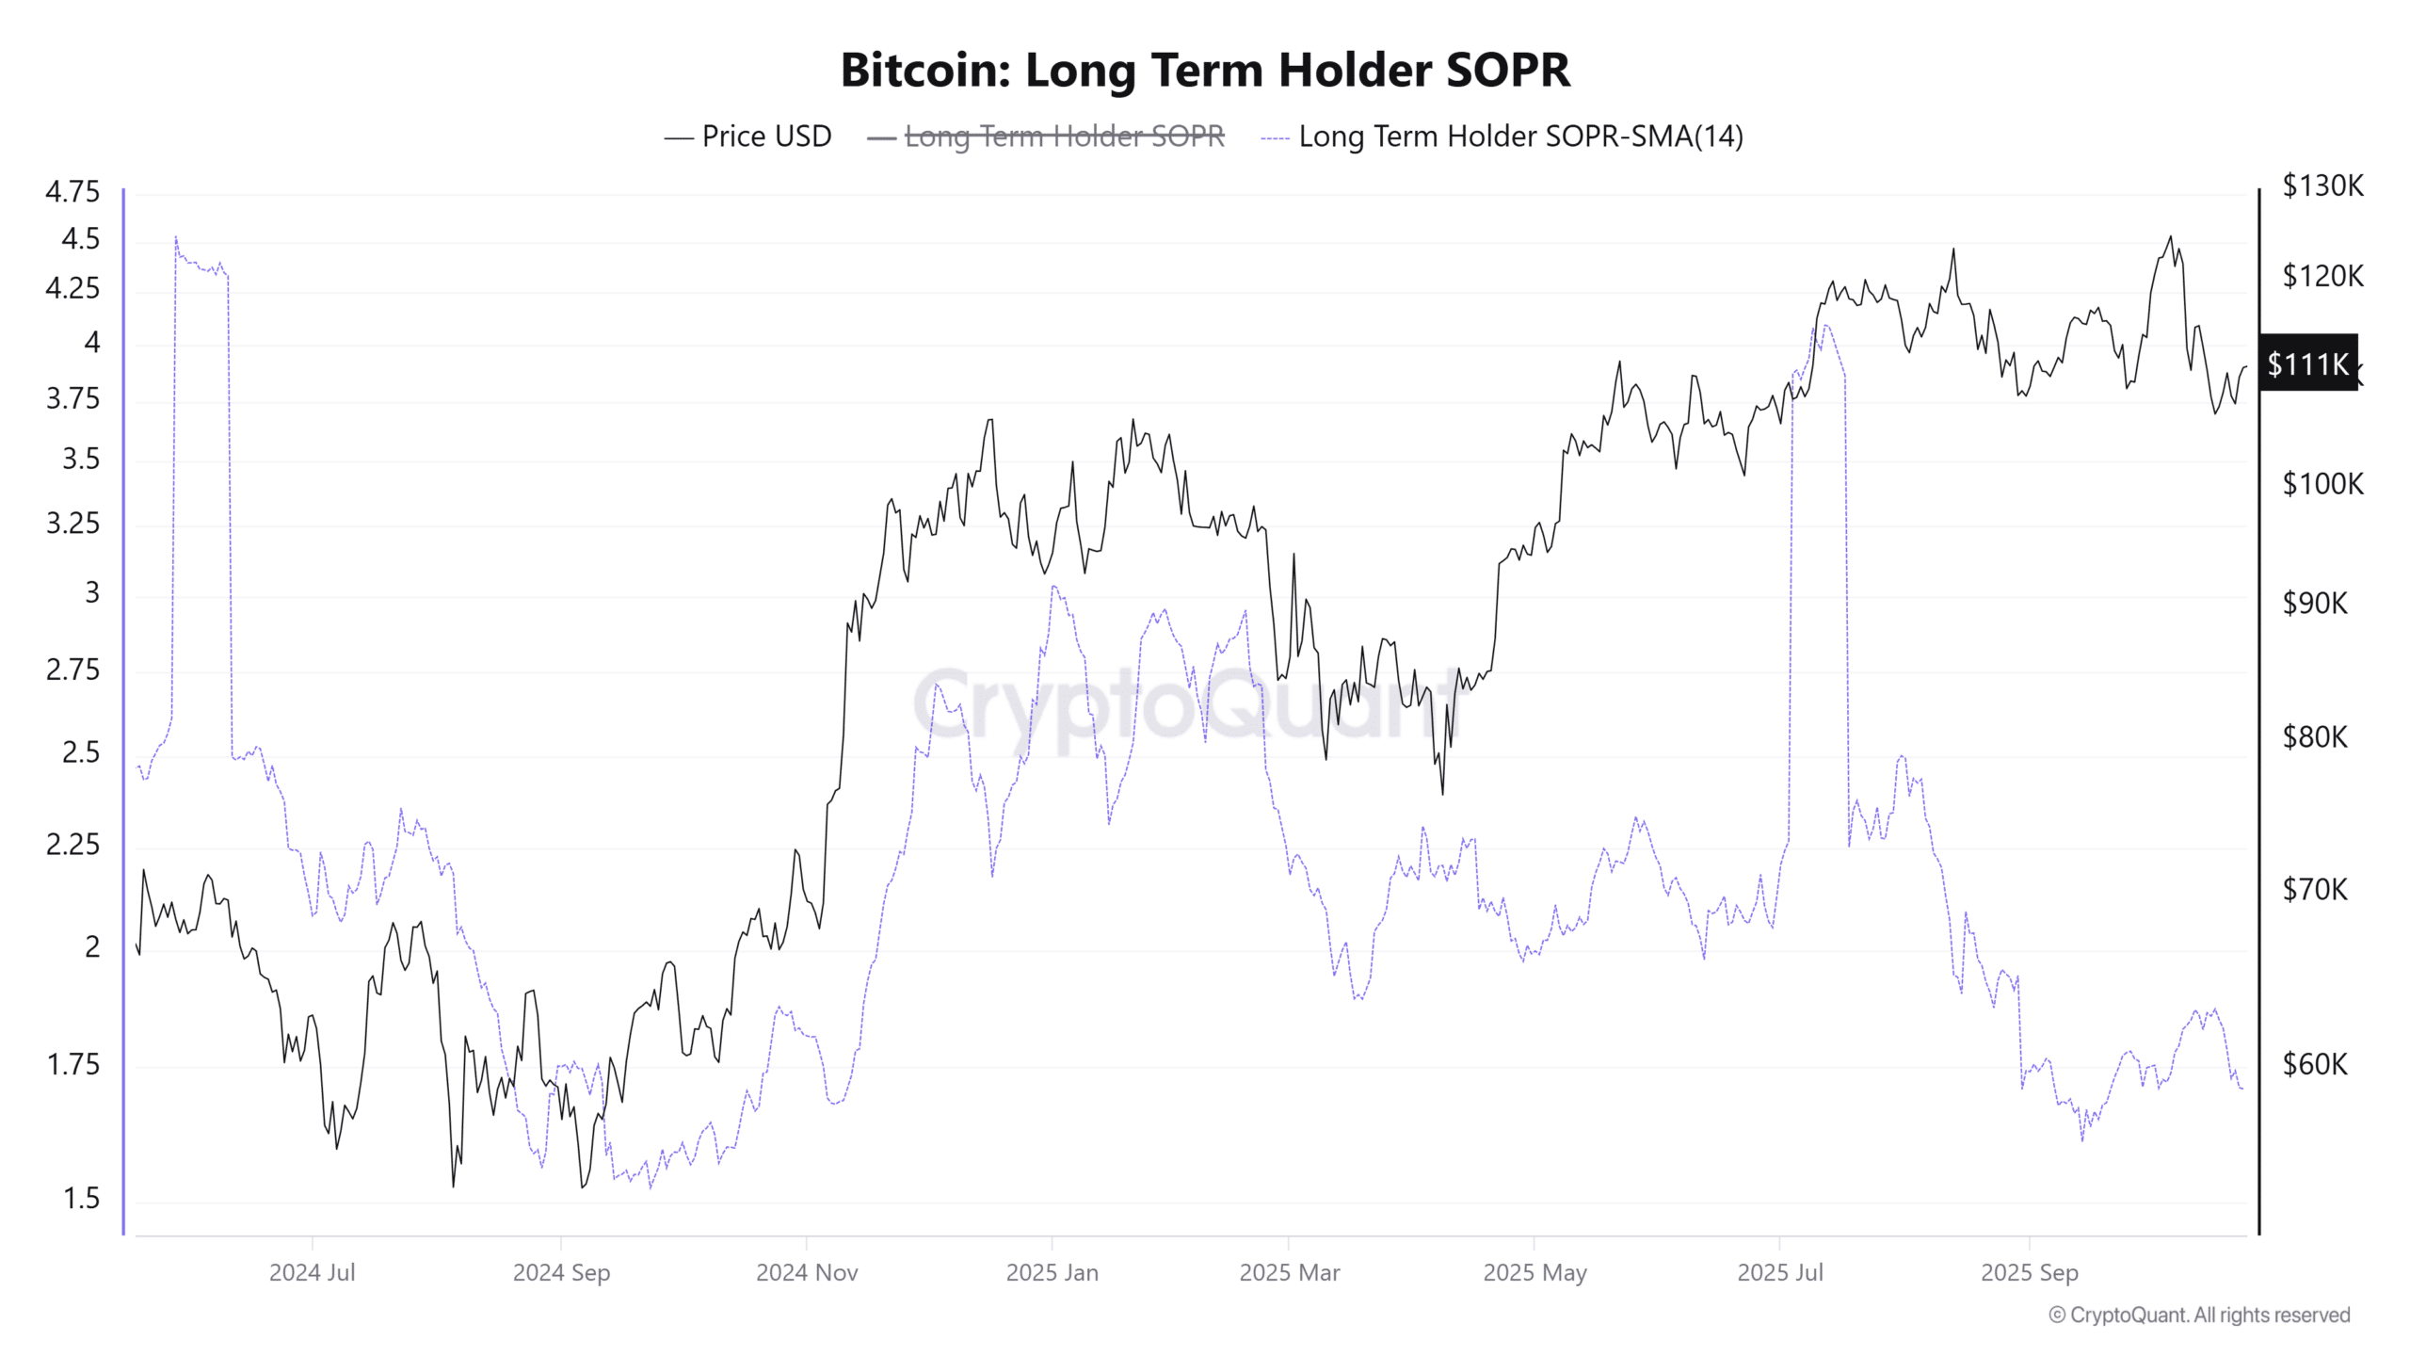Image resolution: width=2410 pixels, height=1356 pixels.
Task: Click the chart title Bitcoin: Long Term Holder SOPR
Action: [1205, 70]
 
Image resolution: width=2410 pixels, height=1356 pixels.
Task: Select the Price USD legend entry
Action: [748, 137]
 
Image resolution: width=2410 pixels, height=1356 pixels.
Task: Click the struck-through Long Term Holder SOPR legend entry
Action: [1047, 137]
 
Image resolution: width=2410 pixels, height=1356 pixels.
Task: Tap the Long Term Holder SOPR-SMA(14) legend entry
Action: [1502, 137]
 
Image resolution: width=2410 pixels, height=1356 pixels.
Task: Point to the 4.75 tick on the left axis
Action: [72, 191]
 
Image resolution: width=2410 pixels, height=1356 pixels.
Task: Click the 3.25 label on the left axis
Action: [72, 524]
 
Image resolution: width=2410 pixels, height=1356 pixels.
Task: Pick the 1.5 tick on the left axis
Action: [81, 1198]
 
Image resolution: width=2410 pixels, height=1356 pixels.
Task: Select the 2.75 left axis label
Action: [72, 670]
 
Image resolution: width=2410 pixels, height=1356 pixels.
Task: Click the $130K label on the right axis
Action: [2322, 186]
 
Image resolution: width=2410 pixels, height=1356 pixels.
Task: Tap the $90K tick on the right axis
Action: [2315, 603]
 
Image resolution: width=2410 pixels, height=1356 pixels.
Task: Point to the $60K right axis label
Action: [2315, 1064]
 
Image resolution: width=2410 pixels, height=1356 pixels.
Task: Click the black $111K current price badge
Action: [2307, 363]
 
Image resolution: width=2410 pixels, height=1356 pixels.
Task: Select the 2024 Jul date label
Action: [312, 1272]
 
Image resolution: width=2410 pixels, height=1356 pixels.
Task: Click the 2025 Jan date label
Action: [1052, 1272]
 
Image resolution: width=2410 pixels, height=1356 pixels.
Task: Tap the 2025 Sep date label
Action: [2029, 1272]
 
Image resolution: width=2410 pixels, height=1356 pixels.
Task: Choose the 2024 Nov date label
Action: [807, 1272]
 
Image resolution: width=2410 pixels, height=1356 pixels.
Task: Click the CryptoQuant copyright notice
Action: [2199, 1315]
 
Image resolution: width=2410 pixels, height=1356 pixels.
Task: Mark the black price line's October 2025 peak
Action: [2171, 236]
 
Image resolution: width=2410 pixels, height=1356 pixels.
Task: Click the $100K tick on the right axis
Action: [2322, 484]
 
